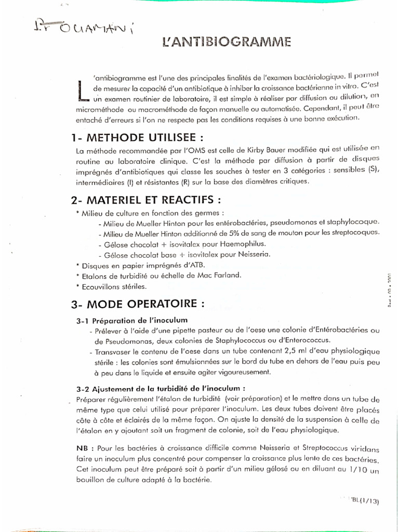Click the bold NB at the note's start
coord(83,448)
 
